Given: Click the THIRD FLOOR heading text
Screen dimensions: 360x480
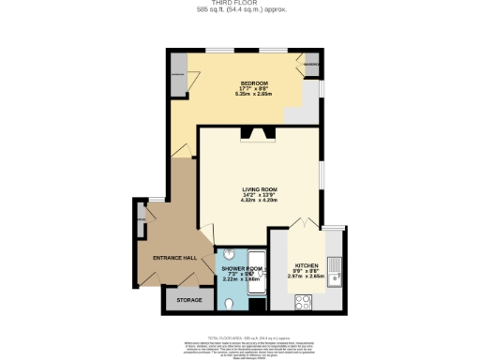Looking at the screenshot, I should coord(239,4).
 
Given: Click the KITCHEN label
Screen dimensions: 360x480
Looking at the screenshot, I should coord(307,265).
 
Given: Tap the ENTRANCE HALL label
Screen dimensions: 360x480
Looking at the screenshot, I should coord(175,257).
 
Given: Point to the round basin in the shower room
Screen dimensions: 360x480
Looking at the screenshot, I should coord(228,255).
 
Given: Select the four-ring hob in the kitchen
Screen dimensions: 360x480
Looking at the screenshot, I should coord(305,302).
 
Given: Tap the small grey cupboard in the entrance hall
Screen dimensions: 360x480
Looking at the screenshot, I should coord(142,224).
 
